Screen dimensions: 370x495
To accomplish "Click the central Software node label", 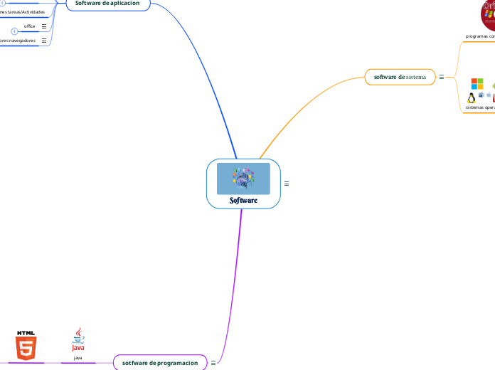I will click(x=243, y=201).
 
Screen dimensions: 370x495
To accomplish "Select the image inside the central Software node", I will click(x=243, y=179).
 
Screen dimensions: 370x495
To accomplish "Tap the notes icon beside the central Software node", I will click(x=287, y=184).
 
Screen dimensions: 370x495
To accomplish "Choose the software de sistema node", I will click(x=400, y=76).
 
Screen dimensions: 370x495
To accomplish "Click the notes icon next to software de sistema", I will click(x=442, y=77).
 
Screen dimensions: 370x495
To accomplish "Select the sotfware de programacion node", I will click(x=160, y=363).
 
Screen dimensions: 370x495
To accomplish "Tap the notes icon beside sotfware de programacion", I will click(x=213, y=363).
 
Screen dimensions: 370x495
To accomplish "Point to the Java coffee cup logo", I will click(x=78, y=339).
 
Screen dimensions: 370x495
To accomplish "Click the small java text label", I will click(x=78, y=358).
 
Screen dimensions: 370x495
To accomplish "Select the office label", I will click(x=30, y=26).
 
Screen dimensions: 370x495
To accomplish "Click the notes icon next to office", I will click(x=44, y=26).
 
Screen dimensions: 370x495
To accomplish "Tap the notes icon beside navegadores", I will click(x=44, y=41).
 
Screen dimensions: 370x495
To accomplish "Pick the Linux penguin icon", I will click(x=471, y=97).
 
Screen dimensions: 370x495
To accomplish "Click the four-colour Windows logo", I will click(x=477, y=84).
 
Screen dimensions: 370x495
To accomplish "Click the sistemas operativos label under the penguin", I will click(x=480, y=107).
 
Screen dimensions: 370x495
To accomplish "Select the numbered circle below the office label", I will click(x=14, y=32).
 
